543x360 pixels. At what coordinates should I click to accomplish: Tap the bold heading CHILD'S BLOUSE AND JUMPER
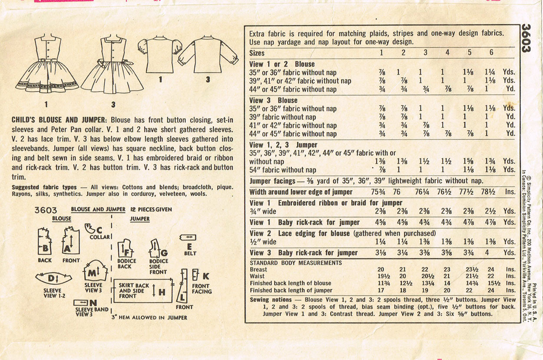point(60,120)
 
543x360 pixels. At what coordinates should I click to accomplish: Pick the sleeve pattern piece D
point(53,278)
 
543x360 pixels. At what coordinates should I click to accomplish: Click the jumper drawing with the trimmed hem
point(47,65)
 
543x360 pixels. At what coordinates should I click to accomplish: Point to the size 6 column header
point(491,53)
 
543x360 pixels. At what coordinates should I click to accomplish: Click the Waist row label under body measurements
point(258,276)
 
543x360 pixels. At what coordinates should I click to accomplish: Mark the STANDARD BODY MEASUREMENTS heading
point(296,263)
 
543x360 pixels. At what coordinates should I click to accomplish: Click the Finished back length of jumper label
point(291,290)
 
